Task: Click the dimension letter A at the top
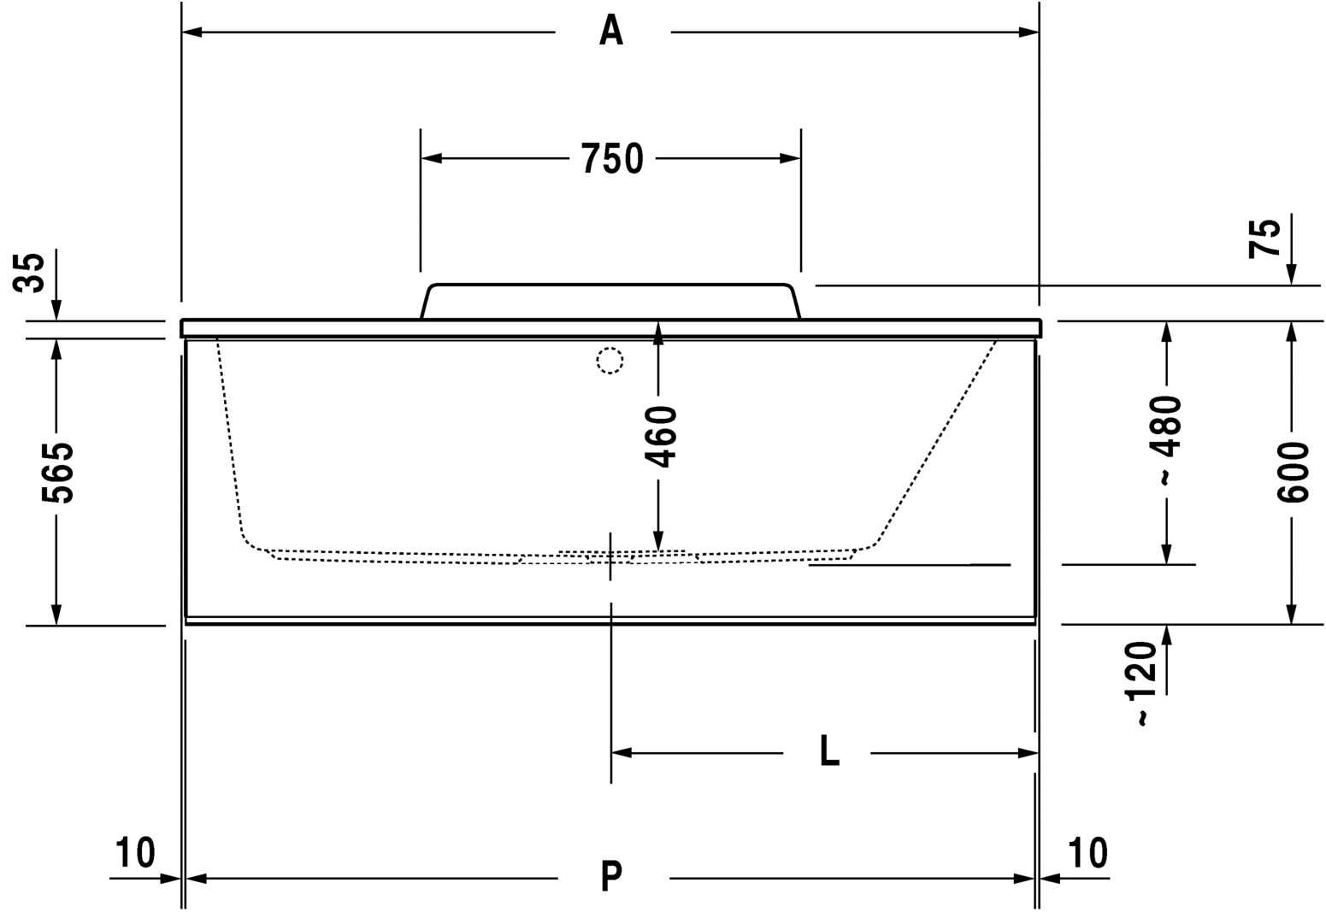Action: click(x=611, y=31)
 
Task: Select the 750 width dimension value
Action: click(x=612, y=159)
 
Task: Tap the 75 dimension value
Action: click(x=1264, y=239)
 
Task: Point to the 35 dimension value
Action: click(x=29, y=273)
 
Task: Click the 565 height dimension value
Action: click(x=57, y=473)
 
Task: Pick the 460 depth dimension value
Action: click(x=660, y=436)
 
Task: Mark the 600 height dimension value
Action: click(x=1292, y=473)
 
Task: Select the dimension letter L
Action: click(x=830, y=751)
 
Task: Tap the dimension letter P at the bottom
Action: click(x=611, y=877)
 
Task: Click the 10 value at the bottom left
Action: click(x=135, y=852)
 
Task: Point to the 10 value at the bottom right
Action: click(x=1087, y=852)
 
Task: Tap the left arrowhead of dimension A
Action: click(x=192, y=32)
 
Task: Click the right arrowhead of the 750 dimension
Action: click(x=790, y=159)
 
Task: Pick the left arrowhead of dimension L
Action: click(x=622, y=753)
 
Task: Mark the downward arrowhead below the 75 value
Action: click(x=1292, y=274)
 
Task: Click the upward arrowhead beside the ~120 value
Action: click(x=1167, y=635)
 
